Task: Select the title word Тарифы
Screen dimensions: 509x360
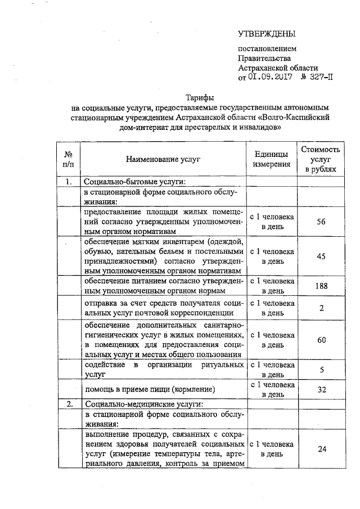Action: pyautogui.click(x=199, y=97)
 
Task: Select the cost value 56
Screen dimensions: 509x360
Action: pyautogui.click(x=321, y=222)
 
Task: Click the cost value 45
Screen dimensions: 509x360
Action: pyautogui.click(x=321, y=256)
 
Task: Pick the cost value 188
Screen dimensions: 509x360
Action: pyautogui.click(x=321, y=286)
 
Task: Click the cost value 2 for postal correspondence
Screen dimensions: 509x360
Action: pyautogui.click(x=321, y=308)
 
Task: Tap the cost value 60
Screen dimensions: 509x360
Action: pyautogui.click(x=321, y=340)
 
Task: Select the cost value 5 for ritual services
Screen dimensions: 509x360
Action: pyautogui.click(x=321, y=370)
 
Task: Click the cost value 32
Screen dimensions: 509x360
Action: pyautogui.click(x=321, y=389)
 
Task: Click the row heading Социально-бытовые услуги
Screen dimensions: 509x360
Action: pyautogui.click(x=134, y=182)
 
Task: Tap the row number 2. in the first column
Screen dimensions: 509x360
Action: pyautogui.click(x=68, y=404)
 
